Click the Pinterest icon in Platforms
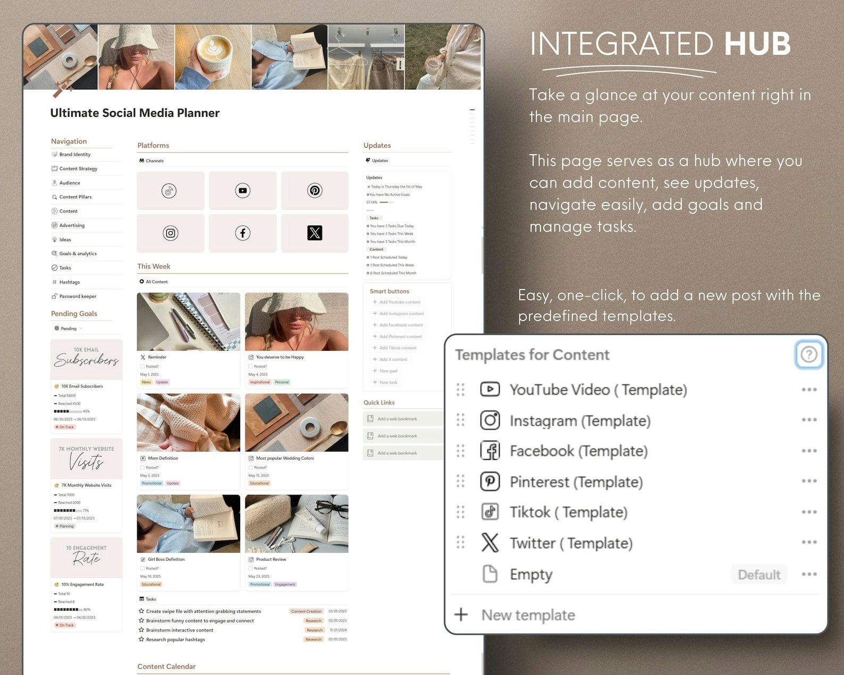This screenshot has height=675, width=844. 315,190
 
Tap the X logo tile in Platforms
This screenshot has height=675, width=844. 315,233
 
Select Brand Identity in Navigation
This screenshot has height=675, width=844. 74,155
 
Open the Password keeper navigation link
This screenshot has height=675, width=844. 78,297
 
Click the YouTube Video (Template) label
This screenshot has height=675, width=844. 598,390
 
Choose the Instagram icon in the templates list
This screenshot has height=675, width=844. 489,420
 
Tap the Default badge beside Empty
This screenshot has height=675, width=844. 759,575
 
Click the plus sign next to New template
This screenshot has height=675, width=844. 461,615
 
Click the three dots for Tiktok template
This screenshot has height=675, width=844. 809,512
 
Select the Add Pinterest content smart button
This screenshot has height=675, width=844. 400,336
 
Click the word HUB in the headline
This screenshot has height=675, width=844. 757,44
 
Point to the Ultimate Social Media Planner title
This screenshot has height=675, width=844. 135,113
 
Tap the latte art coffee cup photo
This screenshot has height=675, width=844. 213,56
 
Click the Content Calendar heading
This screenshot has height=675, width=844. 166,666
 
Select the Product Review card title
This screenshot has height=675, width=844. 271,559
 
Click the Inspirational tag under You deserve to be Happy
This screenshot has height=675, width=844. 260,382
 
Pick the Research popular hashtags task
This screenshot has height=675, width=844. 175,639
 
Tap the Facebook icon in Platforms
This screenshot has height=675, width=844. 242,233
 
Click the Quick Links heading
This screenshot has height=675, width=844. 379,402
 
